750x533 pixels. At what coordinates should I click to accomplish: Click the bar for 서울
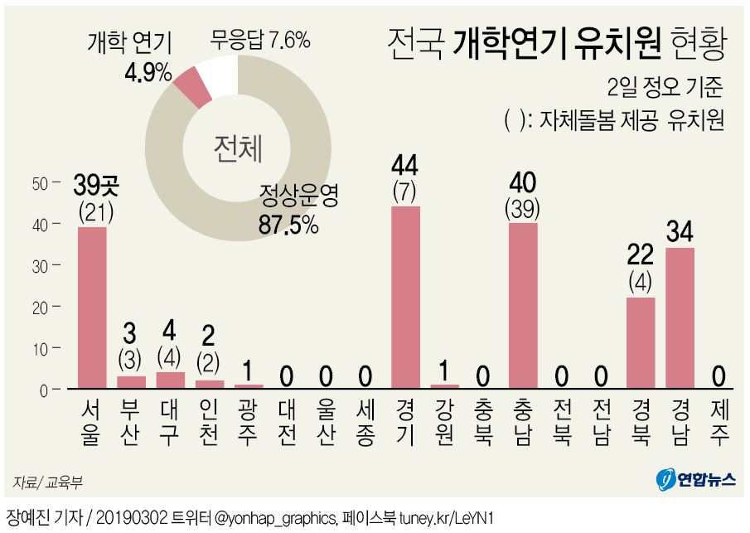[x=92, y=308]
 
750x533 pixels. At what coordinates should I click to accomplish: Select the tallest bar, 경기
[x=405, y=297]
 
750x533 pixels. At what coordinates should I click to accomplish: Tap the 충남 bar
[x=523, y=305]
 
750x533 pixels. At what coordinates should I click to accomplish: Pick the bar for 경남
[x=680, y=317]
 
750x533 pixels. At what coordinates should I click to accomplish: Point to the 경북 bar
[x=641, y=342]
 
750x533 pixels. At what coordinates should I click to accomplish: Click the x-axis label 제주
[x=719, y=423]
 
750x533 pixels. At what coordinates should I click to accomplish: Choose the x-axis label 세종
[x=366, y=423]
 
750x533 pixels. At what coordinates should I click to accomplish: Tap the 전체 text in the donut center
[x=237, y=148]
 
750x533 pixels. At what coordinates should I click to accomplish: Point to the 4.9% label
[x=147, y=72]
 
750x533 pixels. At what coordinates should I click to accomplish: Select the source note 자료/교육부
[x=47, y=482]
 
